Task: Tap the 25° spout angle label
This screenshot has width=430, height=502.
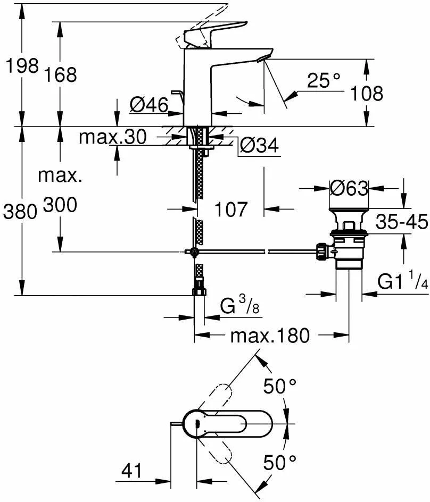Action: coord(324,81)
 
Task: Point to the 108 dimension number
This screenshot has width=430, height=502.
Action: coord(367,94)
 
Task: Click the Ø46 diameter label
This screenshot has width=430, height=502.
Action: coord(148,105)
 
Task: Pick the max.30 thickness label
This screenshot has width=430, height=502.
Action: coord(112,137)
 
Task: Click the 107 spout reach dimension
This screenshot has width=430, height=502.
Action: coord(231,209)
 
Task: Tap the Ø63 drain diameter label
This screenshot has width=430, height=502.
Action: coord(349,188)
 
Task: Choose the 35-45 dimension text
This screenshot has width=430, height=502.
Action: coord(402,221)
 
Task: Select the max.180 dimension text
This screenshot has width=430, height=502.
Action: coord(270,335)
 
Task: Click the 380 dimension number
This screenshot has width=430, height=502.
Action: coord(20,212)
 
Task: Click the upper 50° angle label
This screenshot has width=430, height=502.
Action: coord(280,386)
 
